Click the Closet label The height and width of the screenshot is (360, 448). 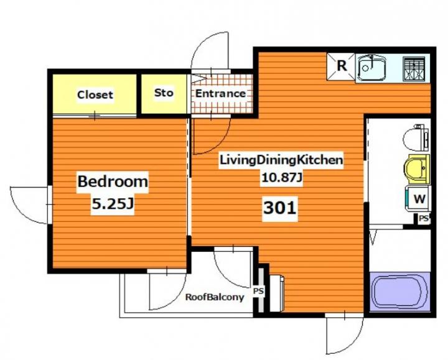click(95, 95)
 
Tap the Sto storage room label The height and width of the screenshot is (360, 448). click(164, 93)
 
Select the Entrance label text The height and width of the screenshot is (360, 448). click(220, 93)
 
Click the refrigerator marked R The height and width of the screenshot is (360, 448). click(341, 67)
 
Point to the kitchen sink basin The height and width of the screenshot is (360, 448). click(371, 68)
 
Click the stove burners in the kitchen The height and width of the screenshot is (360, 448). click(413, 68)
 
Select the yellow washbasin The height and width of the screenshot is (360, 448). click(417, 169)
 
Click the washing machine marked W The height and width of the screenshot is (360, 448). click(419, 199)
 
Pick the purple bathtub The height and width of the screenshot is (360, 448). click(400, 292)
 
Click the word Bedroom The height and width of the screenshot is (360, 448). click(113, 182)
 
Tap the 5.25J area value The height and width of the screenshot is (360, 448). click(113, 204)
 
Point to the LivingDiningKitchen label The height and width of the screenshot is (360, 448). click(281, 160)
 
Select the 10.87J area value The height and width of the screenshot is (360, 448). click(281, 178)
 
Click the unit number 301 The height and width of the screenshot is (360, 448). click(280, 208)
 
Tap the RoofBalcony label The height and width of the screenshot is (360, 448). click(215, 297)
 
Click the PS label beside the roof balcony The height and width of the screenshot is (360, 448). click(259, 292)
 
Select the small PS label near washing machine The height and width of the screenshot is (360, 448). click(424, 219)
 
